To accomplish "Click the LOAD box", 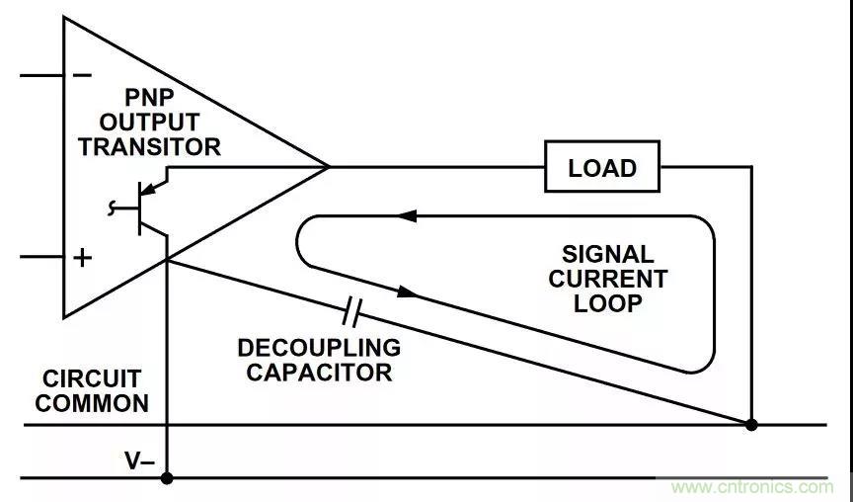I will [x=602, y=167].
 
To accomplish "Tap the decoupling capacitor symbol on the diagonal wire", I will [x=350, y=315].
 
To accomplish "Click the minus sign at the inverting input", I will [x=83, y=75].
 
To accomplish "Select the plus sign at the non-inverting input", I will [x=83, y=258].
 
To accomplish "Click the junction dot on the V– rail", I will [x=167, y=477].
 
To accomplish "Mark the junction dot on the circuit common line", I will [x=751, y=425].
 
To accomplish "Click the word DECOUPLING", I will [x=319, y=348].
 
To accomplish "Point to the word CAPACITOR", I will [x=319, y=373].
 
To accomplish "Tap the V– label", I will [x=138, y=460].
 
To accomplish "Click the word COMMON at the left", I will [x=95, y=403].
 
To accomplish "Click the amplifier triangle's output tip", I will [x=327, y=166].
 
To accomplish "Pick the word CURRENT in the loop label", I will [x=607, y=279].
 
